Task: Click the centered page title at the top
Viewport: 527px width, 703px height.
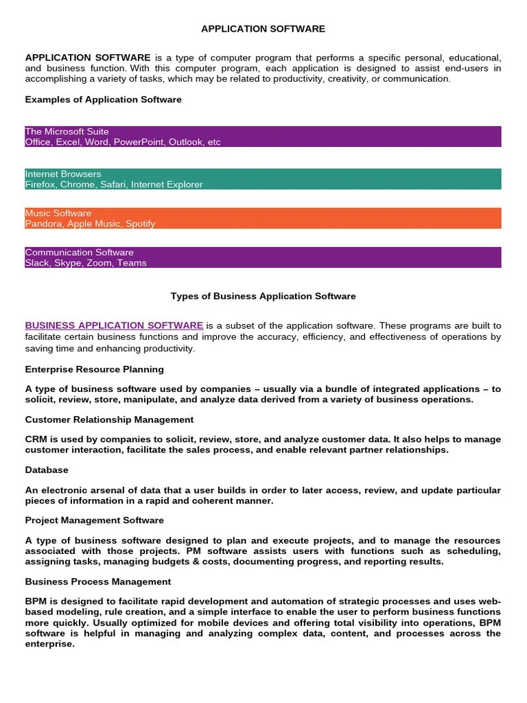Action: (263, 29)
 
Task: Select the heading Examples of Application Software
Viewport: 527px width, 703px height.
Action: (103, 100)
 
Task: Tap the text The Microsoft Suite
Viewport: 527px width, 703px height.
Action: (67, 131)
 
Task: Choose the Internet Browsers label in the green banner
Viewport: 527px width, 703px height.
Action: (62, 174)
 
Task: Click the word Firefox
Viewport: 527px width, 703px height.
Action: (40, 185)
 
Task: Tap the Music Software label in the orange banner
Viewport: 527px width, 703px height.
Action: (58, 213)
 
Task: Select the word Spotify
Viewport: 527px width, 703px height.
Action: (140, 224)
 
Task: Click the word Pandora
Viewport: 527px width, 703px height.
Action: (43, 224)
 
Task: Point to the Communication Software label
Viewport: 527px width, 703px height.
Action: (79, 252)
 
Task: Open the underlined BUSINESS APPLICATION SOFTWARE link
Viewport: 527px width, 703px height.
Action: (114, 325)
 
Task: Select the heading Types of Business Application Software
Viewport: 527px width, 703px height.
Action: (263, 296)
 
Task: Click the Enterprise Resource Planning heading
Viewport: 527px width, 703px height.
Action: (94, 369)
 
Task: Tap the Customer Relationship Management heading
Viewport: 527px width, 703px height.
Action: (109, 419)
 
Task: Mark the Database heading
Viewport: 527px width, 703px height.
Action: (47, 470)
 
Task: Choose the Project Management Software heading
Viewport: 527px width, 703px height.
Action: (94, 520)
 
